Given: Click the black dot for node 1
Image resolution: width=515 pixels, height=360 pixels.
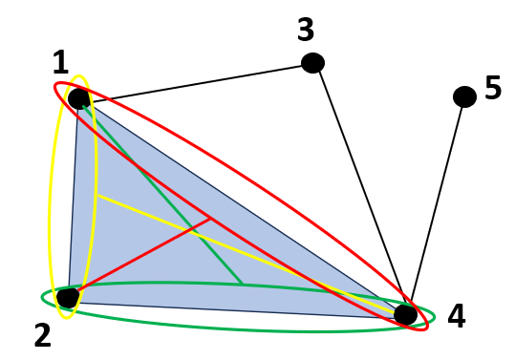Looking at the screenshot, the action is (x=78, y=98).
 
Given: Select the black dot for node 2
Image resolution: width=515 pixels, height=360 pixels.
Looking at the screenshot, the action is (x=67, y=297).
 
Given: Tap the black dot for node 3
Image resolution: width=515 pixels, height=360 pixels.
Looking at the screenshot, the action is (x=312, y=63).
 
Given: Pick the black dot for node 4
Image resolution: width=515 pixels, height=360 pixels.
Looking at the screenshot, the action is (x=405, y=313).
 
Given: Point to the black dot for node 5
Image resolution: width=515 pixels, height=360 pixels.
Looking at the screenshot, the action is (x=464, y=96).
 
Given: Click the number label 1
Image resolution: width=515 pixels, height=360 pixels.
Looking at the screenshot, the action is (x=60, y=64).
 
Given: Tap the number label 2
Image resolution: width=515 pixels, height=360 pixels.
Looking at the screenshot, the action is (x=43, y=335).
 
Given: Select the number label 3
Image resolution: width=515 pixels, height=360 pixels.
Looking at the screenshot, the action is (x=306, y=30).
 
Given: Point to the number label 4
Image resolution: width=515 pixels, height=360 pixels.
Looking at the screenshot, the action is (x=457, y=316).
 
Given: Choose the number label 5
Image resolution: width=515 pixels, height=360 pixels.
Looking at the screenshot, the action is (x=493, y=88).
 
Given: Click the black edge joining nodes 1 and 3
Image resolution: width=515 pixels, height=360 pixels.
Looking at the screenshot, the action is (x=196, y=81).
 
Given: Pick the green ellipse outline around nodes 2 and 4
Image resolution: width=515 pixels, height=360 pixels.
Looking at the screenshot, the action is (x=239, y=330).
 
